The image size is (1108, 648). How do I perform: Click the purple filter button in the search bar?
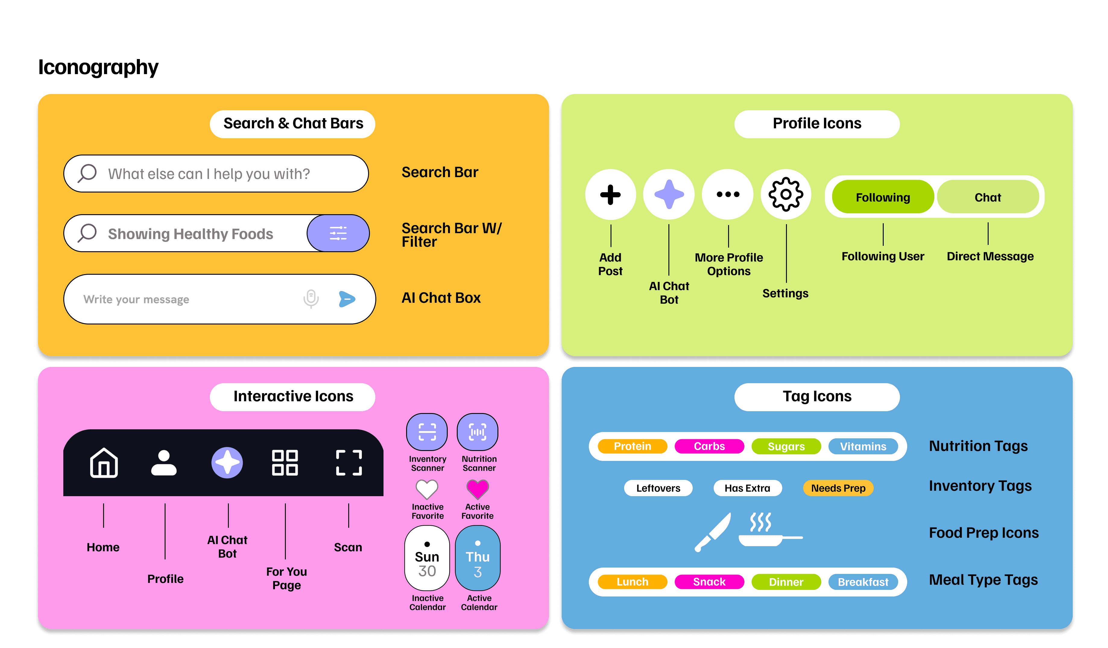click(x=338, y=233)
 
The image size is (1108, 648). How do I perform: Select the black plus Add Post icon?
click(x=610, y=195)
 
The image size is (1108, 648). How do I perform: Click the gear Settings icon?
click(x=786, y=195)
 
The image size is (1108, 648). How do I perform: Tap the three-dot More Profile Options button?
click(x=728, y=195)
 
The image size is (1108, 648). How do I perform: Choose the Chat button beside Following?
click(x=987, y=197)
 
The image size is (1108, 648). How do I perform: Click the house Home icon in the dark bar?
click(x=104, y=463)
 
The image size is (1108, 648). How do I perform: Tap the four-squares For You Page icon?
click(x=285, y=463)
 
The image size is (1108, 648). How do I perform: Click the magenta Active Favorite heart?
click(x=478, y=489)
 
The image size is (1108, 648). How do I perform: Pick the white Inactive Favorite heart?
click(x=427, y=489)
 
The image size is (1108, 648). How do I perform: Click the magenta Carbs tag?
click(x=709, y=446)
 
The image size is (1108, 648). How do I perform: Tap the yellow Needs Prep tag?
click(x=838, y=488)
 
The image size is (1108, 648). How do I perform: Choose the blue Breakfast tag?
click(x=863, y=582)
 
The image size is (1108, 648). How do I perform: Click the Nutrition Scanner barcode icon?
click(x=478, y=432)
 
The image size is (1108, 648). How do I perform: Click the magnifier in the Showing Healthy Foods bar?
click(x=87, y=233)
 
